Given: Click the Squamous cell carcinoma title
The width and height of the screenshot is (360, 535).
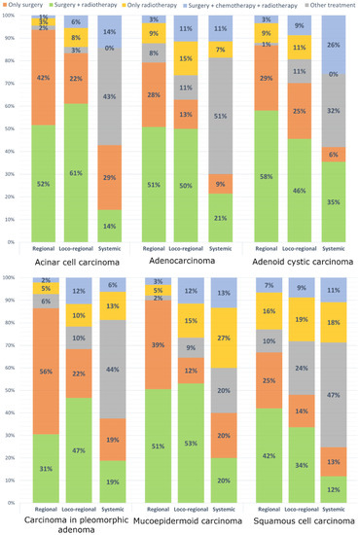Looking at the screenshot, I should pyautogui.click(x=303, y=524).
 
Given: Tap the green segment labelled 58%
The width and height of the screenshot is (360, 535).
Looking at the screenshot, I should pyautogui.click(x=270, y=175).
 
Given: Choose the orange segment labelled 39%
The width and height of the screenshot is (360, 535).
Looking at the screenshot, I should pyautogui.click(x=157, y=345).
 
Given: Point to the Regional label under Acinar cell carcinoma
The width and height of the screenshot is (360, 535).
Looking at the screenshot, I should pyautogui.click(x=43, y=248).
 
